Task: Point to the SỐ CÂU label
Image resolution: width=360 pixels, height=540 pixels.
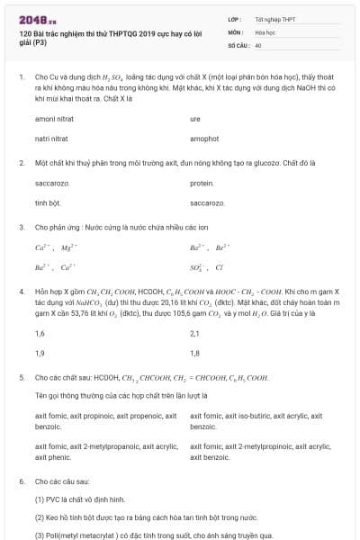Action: (x=238, y=43)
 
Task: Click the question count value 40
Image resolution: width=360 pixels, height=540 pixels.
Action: (x=258, y=43)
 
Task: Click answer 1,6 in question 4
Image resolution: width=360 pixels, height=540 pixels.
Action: (x=40, y=333)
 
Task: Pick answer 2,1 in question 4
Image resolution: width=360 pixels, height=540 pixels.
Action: (x=195, y=333)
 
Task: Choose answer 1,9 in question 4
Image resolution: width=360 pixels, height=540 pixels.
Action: (x=40, y=354)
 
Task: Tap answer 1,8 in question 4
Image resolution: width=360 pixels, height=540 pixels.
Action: (x=195, y=354)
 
